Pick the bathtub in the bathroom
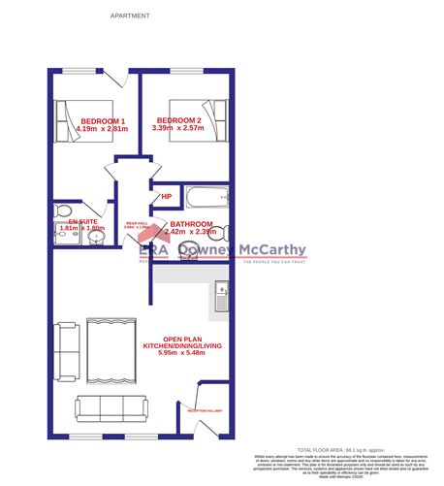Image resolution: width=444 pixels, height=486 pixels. coord(206,201)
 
